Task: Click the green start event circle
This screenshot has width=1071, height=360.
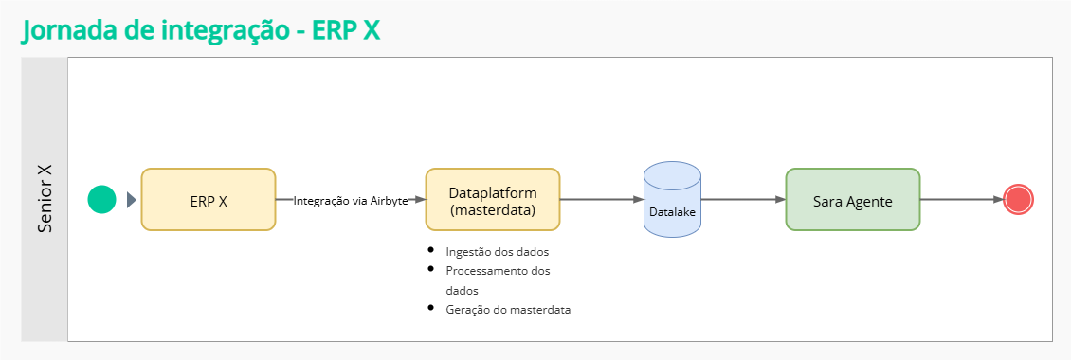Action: (101, 199)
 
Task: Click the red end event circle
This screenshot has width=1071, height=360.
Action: (1018, 199)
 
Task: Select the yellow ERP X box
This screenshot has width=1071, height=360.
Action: (209, 200)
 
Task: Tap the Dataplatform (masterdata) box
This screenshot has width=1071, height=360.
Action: (493, 200)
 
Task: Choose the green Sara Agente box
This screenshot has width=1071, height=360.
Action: (852, 200)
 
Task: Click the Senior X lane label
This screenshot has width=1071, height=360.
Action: (45, 199)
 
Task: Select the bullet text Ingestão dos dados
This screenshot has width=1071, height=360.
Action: (497, 252)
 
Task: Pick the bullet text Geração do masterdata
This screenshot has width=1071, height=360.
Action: (507, 310)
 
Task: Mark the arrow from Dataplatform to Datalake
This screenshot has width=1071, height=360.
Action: (602, 200)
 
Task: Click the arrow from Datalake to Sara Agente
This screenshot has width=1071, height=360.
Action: (744, 200)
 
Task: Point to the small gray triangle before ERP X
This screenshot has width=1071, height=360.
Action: (131, 200)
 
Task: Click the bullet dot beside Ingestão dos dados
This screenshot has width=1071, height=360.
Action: (430, 250)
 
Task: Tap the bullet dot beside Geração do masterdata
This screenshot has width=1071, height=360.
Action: (430, 308)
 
